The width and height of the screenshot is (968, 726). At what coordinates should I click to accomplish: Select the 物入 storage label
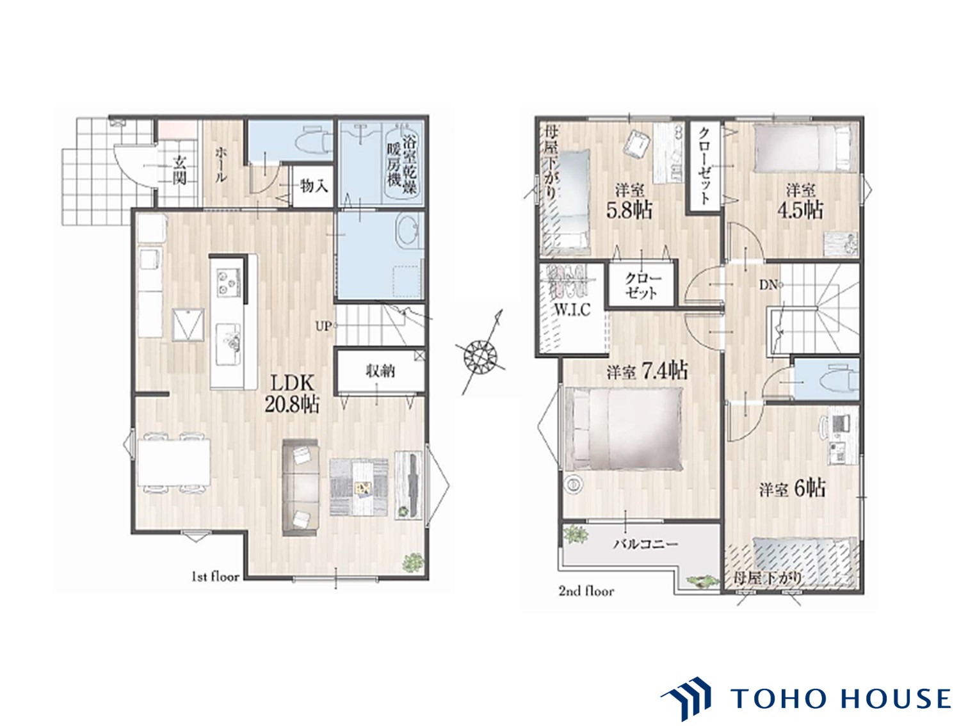314,186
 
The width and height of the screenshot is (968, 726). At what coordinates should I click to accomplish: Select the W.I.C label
572,310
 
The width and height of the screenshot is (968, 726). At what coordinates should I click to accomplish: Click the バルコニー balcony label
645,544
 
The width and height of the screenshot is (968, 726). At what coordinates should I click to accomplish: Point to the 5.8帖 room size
629,210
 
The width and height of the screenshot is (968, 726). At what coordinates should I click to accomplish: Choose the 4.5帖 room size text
800,210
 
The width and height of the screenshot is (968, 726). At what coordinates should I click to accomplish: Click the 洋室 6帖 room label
792,489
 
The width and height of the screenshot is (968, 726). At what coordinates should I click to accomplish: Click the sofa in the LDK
300,487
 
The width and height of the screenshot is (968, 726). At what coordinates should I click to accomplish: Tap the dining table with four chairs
173,463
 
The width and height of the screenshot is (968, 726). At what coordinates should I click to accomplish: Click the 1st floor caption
215,577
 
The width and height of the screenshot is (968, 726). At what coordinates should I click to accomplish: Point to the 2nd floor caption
586,591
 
